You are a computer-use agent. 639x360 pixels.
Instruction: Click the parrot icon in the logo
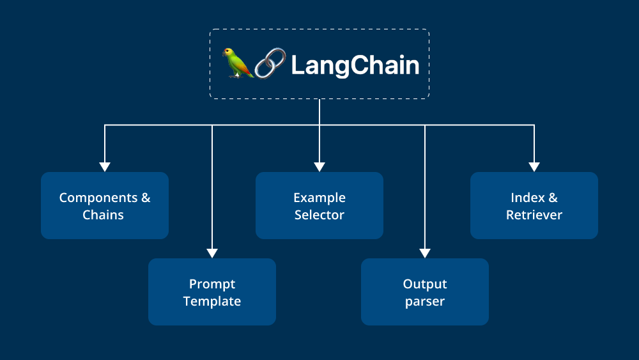click(238, 63)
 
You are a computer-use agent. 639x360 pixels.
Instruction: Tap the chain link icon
click(271, 65)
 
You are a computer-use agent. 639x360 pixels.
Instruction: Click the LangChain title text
click(355, 65)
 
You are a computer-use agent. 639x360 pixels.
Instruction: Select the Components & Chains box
click(105, 205)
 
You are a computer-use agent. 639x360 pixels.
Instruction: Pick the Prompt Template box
click(212, 292)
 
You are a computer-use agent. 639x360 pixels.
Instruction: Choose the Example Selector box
click(319, 205)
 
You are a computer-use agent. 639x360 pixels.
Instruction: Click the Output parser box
click(425, 292)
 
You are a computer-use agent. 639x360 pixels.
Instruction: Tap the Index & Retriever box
click(534, 205)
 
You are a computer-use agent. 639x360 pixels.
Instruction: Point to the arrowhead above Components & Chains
click(105, 166)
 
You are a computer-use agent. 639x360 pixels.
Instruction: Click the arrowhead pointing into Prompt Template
click(212, 253)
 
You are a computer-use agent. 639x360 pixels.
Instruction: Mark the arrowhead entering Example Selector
click(319, 166)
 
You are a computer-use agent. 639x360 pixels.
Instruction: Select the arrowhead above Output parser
click(425, 253)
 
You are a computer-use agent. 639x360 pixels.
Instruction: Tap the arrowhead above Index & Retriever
click(534, 166)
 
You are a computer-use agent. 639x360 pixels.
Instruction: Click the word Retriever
click(534, 215)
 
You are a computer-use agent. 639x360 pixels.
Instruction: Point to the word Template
click(212, 301)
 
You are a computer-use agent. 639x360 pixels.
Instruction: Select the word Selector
click(319, 215)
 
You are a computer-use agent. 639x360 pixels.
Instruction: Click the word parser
click(425, 301)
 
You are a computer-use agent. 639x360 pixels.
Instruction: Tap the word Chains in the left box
click(103, 215)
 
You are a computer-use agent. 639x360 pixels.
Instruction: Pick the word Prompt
click(212, 284)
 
